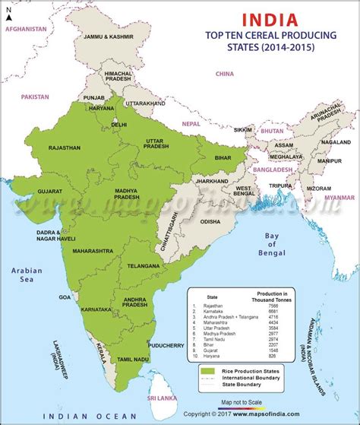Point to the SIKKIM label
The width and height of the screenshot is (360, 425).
click(242, 130)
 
